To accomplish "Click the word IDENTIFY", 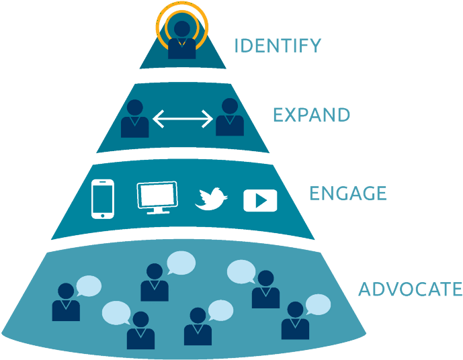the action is coord(278,46).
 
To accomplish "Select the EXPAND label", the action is coord(312,115).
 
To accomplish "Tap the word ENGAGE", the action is coord(348,193).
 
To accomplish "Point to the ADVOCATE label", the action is coord(410,289).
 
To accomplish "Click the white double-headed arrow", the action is coord(183,119).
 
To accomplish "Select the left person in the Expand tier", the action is coord(134,119).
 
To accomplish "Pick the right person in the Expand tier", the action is coord(230,117).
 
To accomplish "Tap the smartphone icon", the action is coord(103,199).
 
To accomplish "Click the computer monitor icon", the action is coord(157,197).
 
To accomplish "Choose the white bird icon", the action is coord(211,199).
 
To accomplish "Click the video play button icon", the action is coord(260,201).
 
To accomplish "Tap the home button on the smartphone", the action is coord(102,216).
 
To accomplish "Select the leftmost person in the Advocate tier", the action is coord(66,302).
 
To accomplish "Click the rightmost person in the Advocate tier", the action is coord(295,320).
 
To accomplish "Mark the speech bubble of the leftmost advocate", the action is coord(89,286).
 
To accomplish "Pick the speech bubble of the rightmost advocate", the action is coord(318,304).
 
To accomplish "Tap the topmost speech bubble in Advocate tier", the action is coord(181,263).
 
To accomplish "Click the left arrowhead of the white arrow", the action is coord(158,119).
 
